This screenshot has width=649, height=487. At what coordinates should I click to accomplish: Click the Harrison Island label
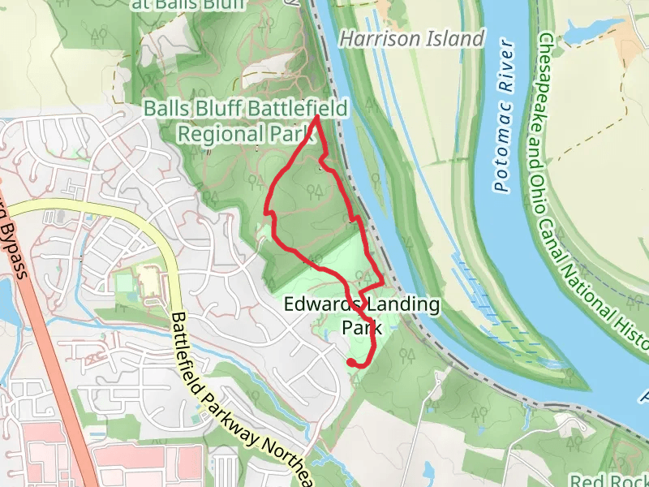coord(411,38)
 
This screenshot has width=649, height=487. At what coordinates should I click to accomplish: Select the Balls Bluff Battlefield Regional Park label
coord(245,121)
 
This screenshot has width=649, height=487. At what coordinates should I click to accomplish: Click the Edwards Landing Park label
coord(362,316)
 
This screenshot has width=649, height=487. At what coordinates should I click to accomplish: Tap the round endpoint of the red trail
coord(351,362)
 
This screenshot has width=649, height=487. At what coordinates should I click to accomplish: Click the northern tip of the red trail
coord(315,119)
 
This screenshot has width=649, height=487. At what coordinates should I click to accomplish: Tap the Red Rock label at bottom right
coord(608,481)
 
